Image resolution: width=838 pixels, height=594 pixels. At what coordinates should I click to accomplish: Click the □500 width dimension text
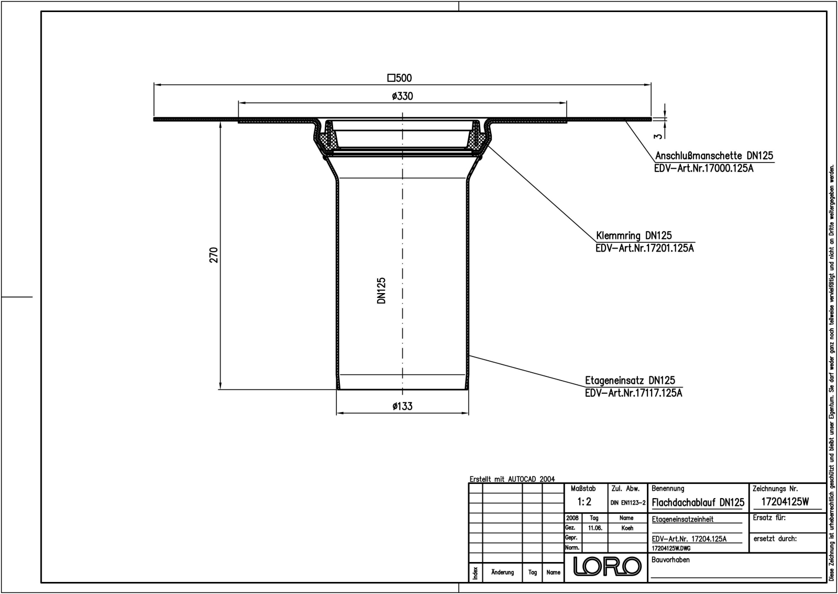click(400, 78)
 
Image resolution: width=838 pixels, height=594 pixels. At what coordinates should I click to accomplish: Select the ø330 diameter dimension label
click(402, 96)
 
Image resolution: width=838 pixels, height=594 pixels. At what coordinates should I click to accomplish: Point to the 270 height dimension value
click(214, 255)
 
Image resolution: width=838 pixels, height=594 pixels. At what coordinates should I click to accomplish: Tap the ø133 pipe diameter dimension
click(402, 406)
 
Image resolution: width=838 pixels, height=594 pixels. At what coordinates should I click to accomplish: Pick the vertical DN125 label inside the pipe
click(381, 291)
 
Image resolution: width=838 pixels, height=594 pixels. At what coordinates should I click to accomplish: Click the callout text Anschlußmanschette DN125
click(714, 156)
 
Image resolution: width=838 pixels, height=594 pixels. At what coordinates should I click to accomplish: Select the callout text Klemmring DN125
click(634, 236)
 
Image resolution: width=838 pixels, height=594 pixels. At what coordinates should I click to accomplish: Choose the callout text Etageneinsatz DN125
click(630, 381)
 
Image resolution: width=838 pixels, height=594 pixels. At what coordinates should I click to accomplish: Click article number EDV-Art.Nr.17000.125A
click(704, 169)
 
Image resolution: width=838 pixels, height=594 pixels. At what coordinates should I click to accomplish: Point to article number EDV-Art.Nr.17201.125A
click(644, 249)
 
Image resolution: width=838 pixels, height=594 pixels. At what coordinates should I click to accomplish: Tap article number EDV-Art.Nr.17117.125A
click(633, 393)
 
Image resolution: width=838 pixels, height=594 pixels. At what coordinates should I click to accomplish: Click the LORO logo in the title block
click(607, 566)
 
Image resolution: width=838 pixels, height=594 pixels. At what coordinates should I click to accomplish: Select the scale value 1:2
click(585, 502)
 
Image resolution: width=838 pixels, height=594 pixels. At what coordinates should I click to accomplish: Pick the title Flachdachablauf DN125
click(698, 502)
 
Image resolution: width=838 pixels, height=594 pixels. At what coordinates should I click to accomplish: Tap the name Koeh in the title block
click(627, 528)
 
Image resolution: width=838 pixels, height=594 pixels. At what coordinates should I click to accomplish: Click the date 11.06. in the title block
click(594, 528)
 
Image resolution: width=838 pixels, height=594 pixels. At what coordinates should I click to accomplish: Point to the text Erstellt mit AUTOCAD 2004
click(512, 479)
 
